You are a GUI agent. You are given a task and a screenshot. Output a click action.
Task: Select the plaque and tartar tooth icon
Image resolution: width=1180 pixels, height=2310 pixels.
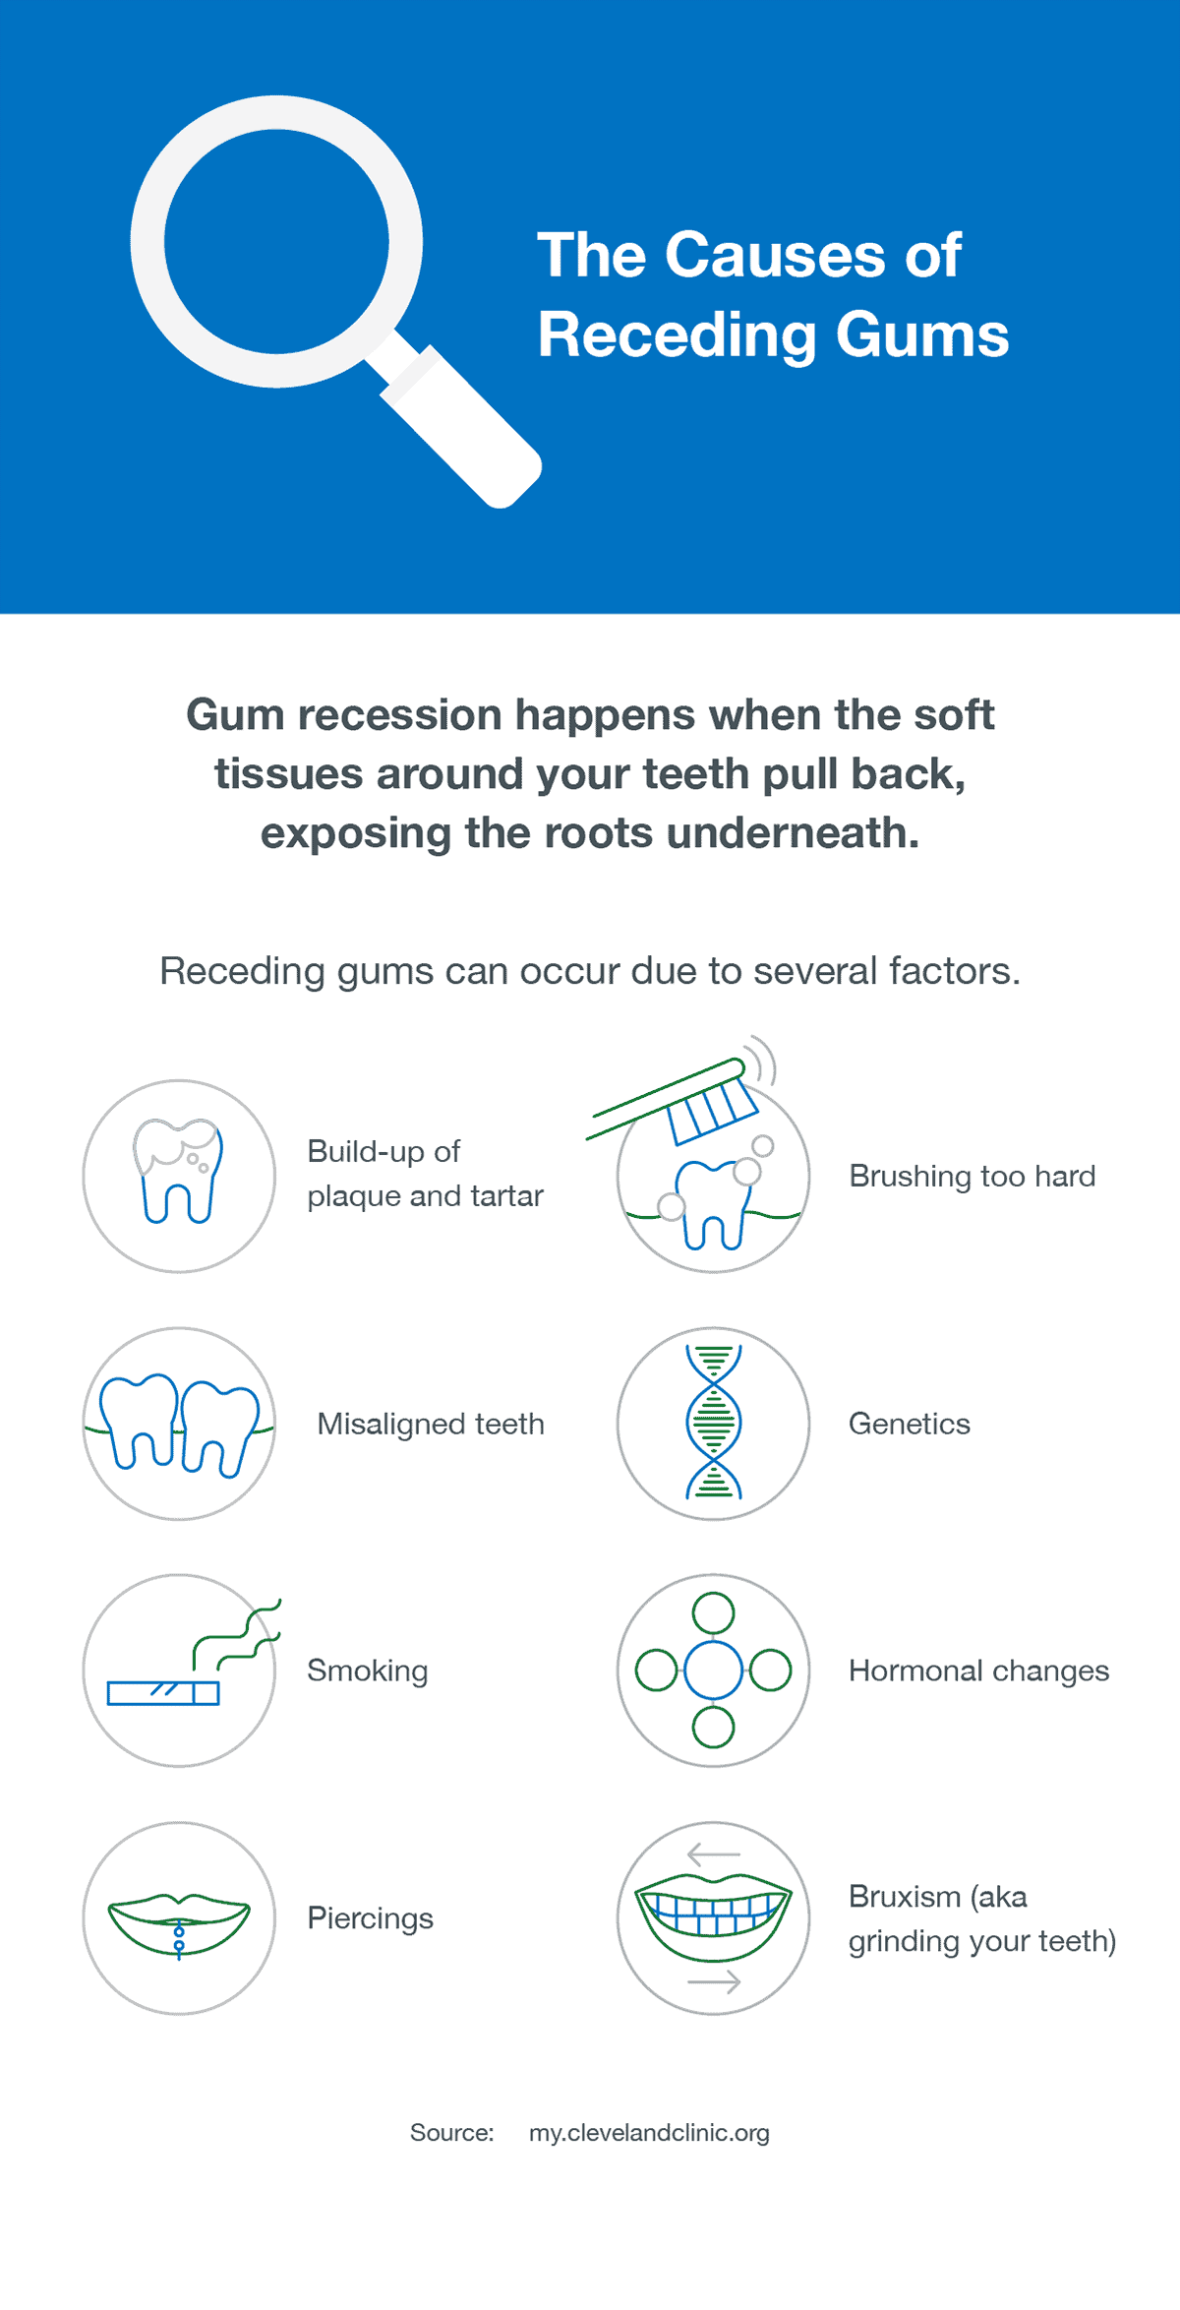pyautogui.click(x=178, y=1172)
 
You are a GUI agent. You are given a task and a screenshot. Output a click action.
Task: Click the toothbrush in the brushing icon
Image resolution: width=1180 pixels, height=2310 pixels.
pyautogui.click(x=678, y=1102)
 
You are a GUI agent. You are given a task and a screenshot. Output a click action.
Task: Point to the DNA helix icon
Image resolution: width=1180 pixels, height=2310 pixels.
pyautogui.click(x=714, y=1423)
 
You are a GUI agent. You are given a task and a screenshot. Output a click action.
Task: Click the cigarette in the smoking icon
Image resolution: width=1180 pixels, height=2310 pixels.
pyautogui.click(x=163, y=1692)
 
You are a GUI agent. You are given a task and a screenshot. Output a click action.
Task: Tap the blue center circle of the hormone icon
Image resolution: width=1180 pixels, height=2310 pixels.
pyautogui.click(x=713, y=1671)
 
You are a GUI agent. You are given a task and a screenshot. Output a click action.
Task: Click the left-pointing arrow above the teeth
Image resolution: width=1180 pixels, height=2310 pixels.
pyautogui.click(x=713, y=1854)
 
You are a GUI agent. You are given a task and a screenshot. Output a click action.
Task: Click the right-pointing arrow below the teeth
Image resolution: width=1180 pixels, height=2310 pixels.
pyautogui.click(x=714, y=1981)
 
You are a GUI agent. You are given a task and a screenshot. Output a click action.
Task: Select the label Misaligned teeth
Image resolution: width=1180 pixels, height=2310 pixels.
pyautogui.click(x=431, y=1424)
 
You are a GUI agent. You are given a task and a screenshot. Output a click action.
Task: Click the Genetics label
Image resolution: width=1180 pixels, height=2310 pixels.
pyautogui.click(x=909, y=1424)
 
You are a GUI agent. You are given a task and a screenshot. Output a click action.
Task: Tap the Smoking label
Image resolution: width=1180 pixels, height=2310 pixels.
pyautogui.click(x=368, y=1671)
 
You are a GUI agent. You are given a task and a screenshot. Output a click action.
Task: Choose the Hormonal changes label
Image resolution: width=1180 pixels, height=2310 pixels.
pyautogui.click(x=978, y=1671)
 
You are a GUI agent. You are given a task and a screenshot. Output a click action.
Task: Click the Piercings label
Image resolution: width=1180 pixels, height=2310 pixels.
pyautogui.click(x=370, y=1917)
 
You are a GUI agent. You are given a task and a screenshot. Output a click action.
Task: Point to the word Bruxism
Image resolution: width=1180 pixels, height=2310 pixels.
pyautogui.click(x=904, y=1896)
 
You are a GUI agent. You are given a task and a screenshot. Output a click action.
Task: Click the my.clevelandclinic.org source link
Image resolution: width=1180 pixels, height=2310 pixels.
pyautogui.click(x=649, y=2133)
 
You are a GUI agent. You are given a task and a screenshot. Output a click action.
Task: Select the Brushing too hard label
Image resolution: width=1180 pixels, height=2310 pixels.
pyautogui.click(x=972, y=1176)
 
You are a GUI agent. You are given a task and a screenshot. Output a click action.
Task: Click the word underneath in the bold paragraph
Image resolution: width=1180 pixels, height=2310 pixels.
pyautogui.click(x=793, y=833)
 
